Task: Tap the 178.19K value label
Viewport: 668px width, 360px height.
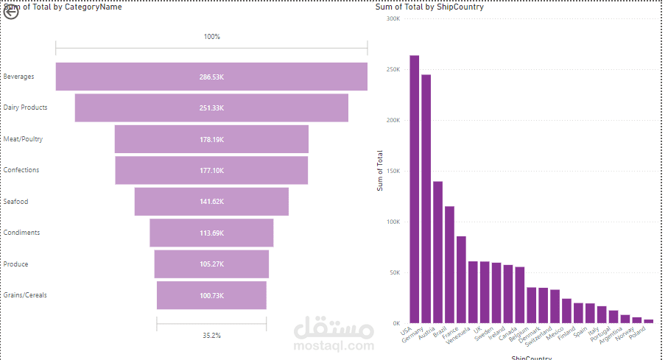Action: point(211,139)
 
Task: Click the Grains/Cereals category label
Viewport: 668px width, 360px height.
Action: point(25,295)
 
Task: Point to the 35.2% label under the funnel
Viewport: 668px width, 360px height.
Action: point(211,336)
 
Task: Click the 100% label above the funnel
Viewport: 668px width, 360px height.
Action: point(211,37)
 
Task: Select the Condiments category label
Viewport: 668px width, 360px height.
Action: point(21,233)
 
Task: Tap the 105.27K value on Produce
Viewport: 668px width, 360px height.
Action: point(211,264)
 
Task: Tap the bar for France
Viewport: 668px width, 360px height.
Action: point(461,280)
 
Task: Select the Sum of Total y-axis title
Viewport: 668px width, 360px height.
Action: point(381,169)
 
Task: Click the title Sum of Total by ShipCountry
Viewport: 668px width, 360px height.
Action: point(429,7)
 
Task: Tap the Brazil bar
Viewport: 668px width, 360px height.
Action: point(449,265)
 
